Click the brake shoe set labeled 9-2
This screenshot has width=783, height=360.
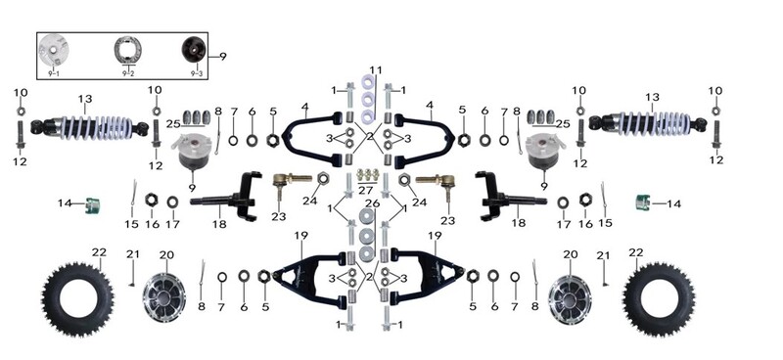pos(128,50)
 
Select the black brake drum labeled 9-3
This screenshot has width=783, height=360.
pos(194,50)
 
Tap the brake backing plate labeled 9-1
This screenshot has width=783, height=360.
pos(53,50)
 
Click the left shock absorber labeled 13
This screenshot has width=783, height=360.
pos(90,127)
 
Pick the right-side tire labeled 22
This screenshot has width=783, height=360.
pos(660,298)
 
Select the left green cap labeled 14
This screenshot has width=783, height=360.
pos(92,204)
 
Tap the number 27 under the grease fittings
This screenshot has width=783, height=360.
pos(365,190)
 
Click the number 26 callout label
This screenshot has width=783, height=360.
pos(373,203)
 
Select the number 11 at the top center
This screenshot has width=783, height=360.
pos(376,69)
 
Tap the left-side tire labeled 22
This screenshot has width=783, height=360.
pos(78,299)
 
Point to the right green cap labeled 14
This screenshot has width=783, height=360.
pos(643,202)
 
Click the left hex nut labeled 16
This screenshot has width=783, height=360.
pos(152,201)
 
